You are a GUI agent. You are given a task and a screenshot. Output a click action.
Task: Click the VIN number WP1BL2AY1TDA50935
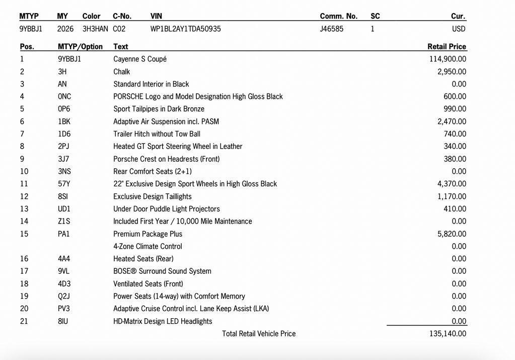pos(185,29)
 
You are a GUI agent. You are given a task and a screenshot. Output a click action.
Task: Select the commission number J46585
pos(331,29)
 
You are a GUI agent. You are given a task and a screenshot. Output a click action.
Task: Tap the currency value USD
pos(459,29)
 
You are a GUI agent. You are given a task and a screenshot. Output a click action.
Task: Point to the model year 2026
pos(65,29)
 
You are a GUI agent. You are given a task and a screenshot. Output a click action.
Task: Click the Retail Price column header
pos(447,46)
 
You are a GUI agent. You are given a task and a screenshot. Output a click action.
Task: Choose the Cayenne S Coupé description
pos(140,59)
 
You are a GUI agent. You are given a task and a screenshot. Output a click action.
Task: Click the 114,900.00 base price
pos(448,59)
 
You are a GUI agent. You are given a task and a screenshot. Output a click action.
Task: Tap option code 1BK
pos(64,121)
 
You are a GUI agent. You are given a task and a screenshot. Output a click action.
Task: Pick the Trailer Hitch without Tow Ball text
pos(157,134)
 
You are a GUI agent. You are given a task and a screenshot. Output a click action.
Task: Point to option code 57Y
pos(64,184)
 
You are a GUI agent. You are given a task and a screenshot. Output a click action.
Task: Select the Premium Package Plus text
pos(148,234)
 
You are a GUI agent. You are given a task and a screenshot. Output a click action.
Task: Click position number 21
pos(24,321)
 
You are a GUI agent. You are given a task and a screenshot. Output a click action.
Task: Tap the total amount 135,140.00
pos(448,333)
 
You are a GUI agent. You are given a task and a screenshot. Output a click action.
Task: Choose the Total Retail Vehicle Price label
pos(259,333)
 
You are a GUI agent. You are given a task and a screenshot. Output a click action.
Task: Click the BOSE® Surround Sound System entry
pos(162,271)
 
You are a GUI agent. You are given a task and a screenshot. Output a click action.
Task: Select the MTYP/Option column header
pos(80,46)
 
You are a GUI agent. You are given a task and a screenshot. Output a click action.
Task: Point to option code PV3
pos(64,309)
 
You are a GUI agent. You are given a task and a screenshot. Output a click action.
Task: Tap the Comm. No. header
pos(338,16)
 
